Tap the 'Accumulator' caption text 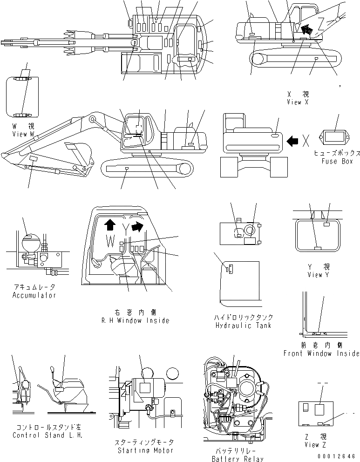[x=34, y=295]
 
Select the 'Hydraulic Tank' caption [x=244, y=326]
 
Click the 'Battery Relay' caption [x=237, y=459]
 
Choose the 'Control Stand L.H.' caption [x=48, y=435]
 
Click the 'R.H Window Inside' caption [x=135, y=320]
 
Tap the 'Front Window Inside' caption [x=321, y=353]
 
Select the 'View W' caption [x=24, y=134]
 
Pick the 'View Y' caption [x=318, y=274]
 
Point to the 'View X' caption [x=298, y=102]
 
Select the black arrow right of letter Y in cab [x=138, y=227]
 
